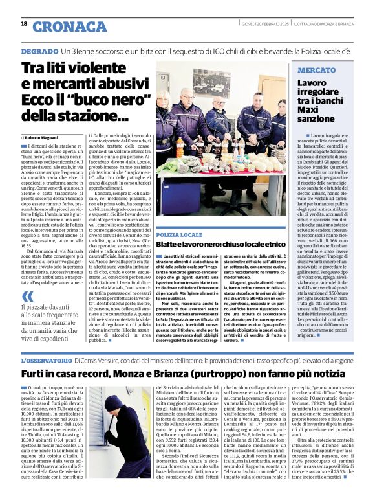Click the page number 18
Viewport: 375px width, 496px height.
24,24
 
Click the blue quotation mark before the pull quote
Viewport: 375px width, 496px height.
28,295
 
